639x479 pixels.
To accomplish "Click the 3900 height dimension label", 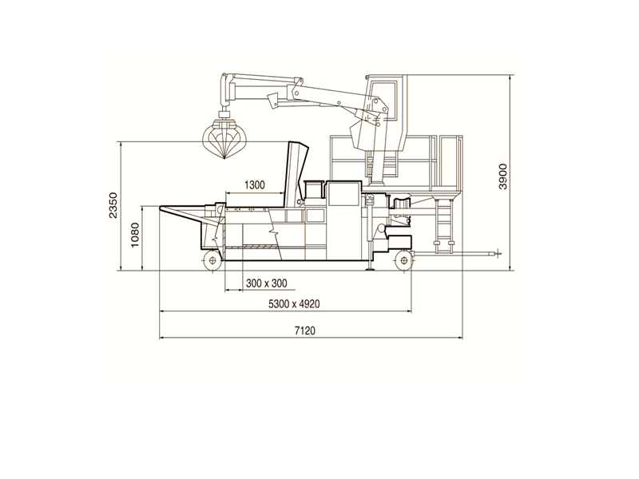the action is tap(504, 176).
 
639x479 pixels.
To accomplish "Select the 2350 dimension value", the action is tap(113, 205).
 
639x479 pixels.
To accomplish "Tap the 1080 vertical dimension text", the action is tap(135, 235).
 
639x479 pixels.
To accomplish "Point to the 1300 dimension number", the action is tap(255, 185).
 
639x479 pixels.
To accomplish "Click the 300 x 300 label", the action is tap(267, 283).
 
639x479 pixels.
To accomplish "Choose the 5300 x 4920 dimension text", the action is tap(294, 304).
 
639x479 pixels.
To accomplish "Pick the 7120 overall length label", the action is tap(305, 331).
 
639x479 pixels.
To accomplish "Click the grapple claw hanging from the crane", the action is tap(224, 139).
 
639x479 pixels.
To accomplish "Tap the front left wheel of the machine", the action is tap(212, 260).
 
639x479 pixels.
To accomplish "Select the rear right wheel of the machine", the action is tap(403, 260).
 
